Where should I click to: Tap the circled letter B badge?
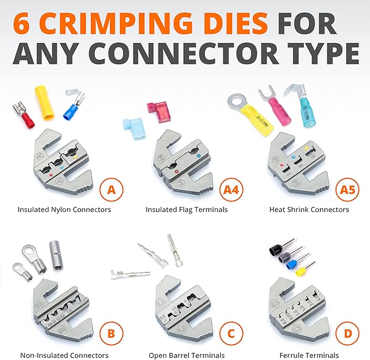111,332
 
